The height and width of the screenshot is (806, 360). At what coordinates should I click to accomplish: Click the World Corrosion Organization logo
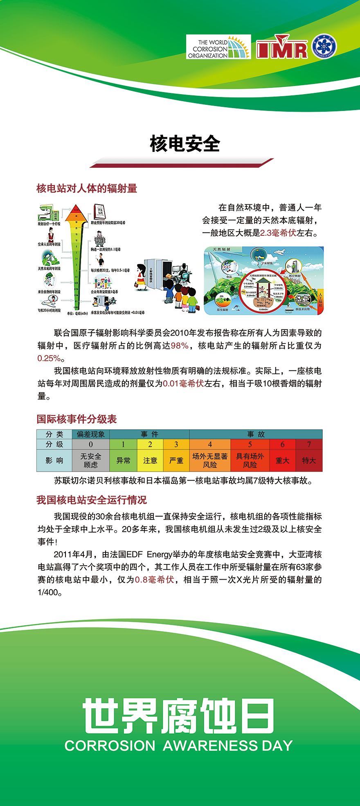218,47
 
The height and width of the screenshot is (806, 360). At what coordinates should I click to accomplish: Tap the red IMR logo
282,48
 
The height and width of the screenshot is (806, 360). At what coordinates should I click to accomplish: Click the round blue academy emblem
324,47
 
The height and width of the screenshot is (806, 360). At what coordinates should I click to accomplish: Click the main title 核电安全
185,144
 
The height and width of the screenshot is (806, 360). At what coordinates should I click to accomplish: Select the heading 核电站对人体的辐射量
87,188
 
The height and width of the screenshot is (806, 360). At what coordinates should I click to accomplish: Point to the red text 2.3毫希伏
278,233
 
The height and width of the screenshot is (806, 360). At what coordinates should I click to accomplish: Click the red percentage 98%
180,345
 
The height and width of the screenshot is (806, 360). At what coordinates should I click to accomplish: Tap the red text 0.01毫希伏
183,384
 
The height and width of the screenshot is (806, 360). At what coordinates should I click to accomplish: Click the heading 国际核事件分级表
77,419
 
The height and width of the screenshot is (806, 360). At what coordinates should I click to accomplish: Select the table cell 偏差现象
91,434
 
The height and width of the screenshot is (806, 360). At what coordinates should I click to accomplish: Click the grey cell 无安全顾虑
91,461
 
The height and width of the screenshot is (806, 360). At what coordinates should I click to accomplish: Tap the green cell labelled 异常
123,461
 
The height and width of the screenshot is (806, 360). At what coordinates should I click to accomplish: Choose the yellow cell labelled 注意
150,461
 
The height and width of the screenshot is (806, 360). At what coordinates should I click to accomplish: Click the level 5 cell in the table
250,445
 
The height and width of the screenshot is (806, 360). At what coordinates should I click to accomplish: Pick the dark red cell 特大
309,461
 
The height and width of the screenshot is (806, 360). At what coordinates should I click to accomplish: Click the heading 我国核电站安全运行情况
92,500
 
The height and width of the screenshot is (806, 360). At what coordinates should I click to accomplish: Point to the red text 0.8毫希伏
155,580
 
